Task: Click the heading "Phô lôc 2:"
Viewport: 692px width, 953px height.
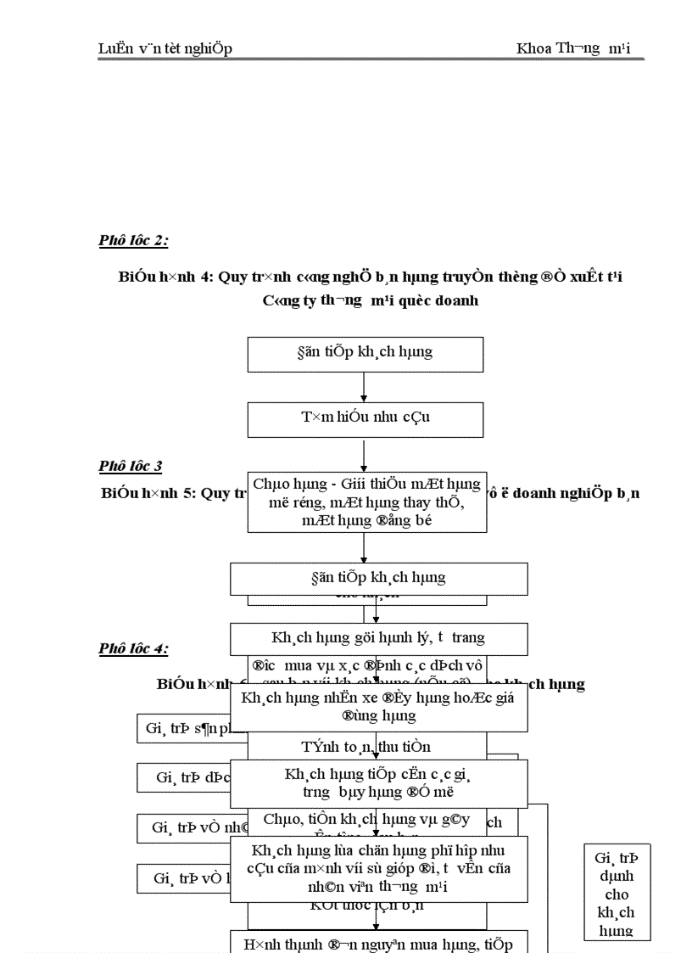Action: coord(133,241)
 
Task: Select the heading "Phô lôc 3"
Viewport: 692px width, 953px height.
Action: coord(130,466)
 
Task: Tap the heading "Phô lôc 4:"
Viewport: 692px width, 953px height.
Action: coord(133,649)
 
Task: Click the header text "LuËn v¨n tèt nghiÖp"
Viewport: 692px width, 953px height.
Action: coord(165,48)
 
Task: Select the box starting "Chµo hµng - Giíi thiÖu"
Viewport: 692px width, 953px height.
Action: coord(366,502)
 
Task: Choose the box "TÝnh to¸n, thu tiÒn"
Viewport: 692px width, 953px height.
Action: coord(366,747)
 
